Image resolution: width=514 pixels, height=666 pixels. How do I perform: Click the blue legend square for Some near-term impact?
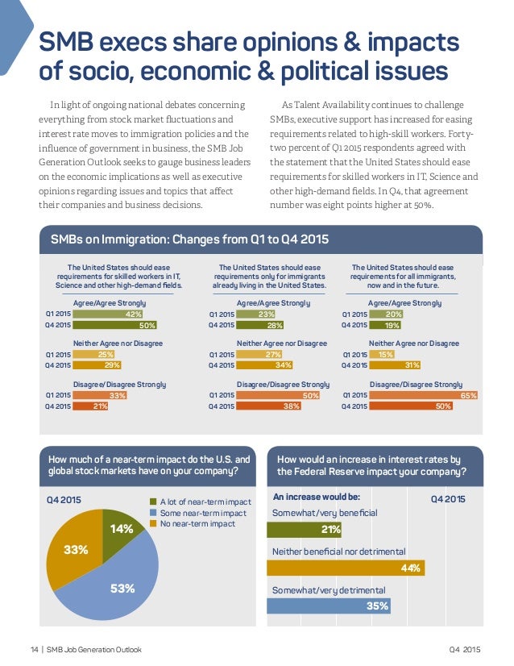(x=152, y=513)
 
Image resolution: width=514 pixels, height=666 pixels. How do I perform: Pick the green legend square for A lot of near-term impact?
(x=152, y=502)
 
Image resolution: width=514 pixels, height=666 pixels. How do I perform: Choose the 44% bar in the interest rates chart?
(x=345, y=568)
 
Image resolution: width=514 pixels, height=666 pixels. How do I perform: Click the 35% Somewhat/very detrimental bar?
(x=328, y=605)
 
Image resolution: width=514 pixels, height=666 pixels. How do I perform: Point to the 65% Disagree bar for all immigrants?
(x=423, y=395)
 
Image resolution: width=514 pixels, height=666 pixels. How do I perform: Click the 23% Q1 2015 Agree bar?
(x=256, y=314)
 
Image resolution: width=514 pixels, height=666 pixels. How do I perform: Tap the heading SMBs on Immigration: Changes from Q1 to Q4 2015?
(x=189, y=239)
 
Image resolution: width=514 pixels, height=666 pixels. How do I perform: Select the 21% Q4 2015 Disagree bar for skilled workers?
(x=90, y=406)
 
